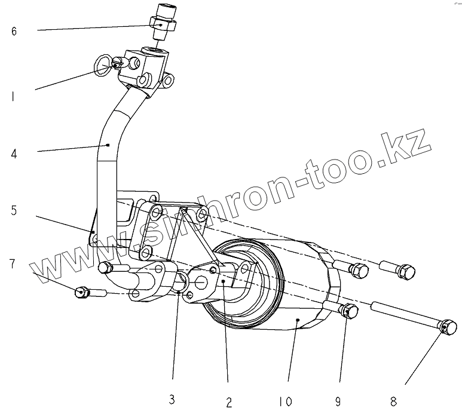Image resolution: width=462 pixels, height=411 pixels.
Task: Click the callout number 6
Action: point(14,31)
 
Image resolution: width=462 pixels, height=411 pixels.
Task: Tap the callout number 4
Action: point(14,154)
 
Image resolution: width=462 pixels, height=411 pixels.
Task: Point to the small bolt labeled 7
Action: point(84,292)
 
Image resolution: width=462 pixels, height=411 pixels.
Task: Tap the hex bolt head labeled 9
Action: point(349,311)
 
